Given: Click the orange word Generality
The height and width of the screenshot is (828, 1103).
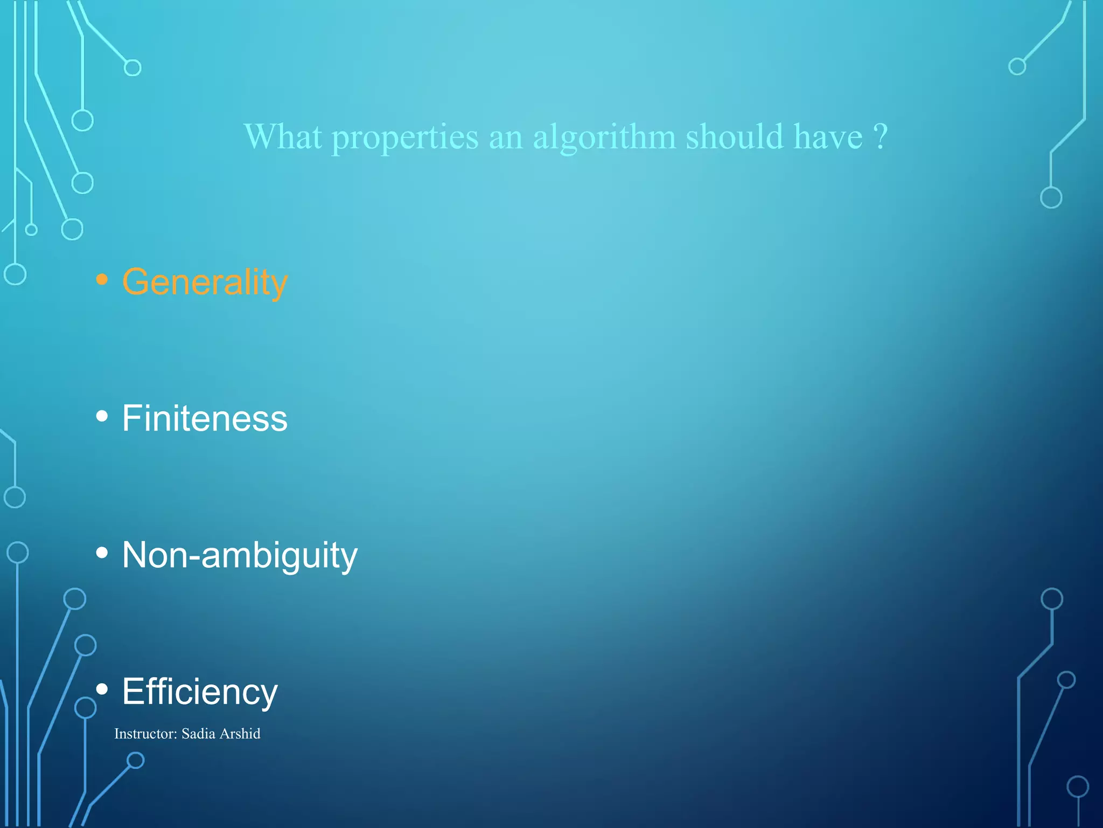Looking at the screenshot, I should pyautogui.click(x=205, y=282).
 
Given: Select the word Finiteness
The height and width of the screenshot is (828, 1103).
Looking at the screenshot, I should pyautogui.click(x=205, y=418).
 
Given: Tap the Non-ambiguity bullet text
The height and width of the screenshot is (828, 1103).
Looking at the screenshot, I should pyautogui.click(x=240, y=555).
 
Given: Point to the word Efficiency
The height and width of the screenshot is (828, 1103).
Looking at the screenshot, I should pyautogui.click(x=200, y=692).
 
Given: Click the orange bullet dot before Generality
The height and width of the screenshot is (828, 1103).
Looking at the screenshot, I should pyautogui.click(x=102, y=279).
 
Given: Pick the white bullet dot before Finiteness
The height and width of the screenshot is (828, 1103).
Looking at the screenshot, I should pyautogui.click(x=102, y=416).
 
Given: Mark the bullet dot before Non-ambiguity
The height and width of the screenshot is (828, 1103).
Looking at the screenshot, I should pyautogui.click(x=102, y=553).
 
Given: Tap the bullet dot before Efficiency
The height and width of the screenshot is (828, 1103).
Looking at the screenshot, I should pyautogui.click(x=102, y=689).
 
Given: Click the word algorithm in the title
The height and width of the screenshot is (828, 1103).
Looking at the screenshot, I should pyautogui.click(x=604, y=137).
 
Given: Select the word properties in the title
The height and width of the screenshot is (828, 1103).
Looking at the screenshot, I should pyautogui.click(x=404, y=137).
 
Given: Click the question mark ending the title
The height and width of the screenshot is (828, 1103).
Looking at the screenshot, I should pyautogui.click(x=880, y=137).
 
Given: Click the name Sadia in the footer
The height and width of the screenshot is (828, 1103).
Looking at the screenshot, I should pyautogui.click(x=198, y=734).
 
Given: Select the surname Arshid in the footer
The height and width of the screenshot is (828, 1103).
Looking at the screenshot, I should pyautogui.click(x=240, y=734).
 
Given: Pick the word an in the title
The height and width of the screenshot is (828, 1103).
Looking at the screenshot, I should pyautogui.click(x=506, y=138).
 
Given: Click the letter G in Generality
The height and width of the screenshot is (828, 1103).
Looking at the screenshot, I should pyautogui.click(x=136, y=281).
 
